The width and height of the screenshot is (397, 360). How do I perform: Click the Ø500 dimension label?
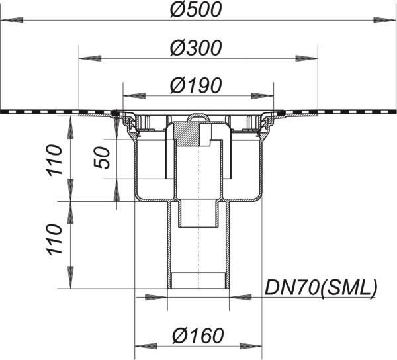pyautogui.click(x=196, y=9)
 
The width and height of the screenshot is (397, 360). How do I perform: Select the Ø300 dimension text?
pyautogui.click(x=196, y=48)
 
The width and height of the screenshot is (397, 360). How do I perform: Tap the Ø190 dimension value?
pyautogui.click(x=196, y=85)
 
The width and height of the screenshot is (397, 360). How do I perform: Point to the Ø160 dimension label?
pyautogui.click(x=198, y=336)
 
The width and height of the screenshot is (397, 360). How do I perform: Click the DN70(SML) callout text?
pyautogui.click(x=321, y=288)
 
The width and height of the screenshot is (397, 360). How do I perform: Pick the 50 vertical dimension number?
pyautogui.click(x=102, y=157)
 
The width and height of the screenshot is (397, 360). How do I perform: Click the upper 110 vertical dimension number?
pyautogui.click(x=54, y=160)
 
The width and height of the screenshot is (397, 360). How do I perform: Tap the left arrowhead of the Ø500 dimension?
pyautogui.click(x=12, y=21)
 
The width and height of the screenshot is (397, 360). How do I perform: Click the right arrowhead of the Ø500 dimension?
pyautogui.click(x=385, y=21)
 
